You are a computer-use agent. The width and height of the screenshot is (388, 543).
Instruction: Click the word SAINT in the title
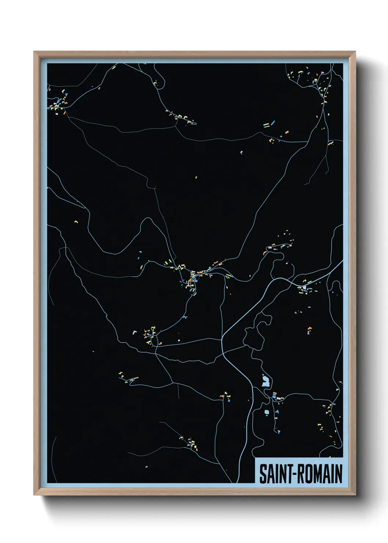tap(275, 474)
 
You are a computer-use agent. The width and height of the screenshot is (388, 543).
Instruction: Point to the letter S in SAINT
tap(263, 474)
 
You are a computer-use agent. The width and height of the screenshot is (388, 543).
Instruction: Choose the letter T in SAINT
tap(288, 474)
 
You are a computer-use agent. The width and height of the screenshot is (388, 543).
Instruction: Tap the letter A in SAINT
tap(270, 474)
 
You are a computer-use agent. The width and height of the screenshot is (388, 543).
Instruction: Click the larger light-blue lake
tap(265, 382)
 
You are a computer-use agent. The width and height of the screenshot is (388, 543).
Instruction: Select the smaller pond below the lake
tap(267, 412)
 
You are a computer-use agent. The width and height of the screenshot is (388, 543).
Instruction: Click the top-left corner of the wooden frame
tap(34, 52)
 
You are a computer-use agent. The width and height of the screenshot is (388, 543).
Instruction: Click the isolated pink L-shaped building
tap(134, 332)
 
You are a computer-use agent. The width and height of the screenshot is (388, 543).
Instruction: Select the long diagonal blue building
tap(272, 123)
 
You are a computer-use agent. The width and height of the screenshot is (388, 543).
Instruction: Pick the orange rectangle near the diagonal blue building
tap(287, 132)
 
